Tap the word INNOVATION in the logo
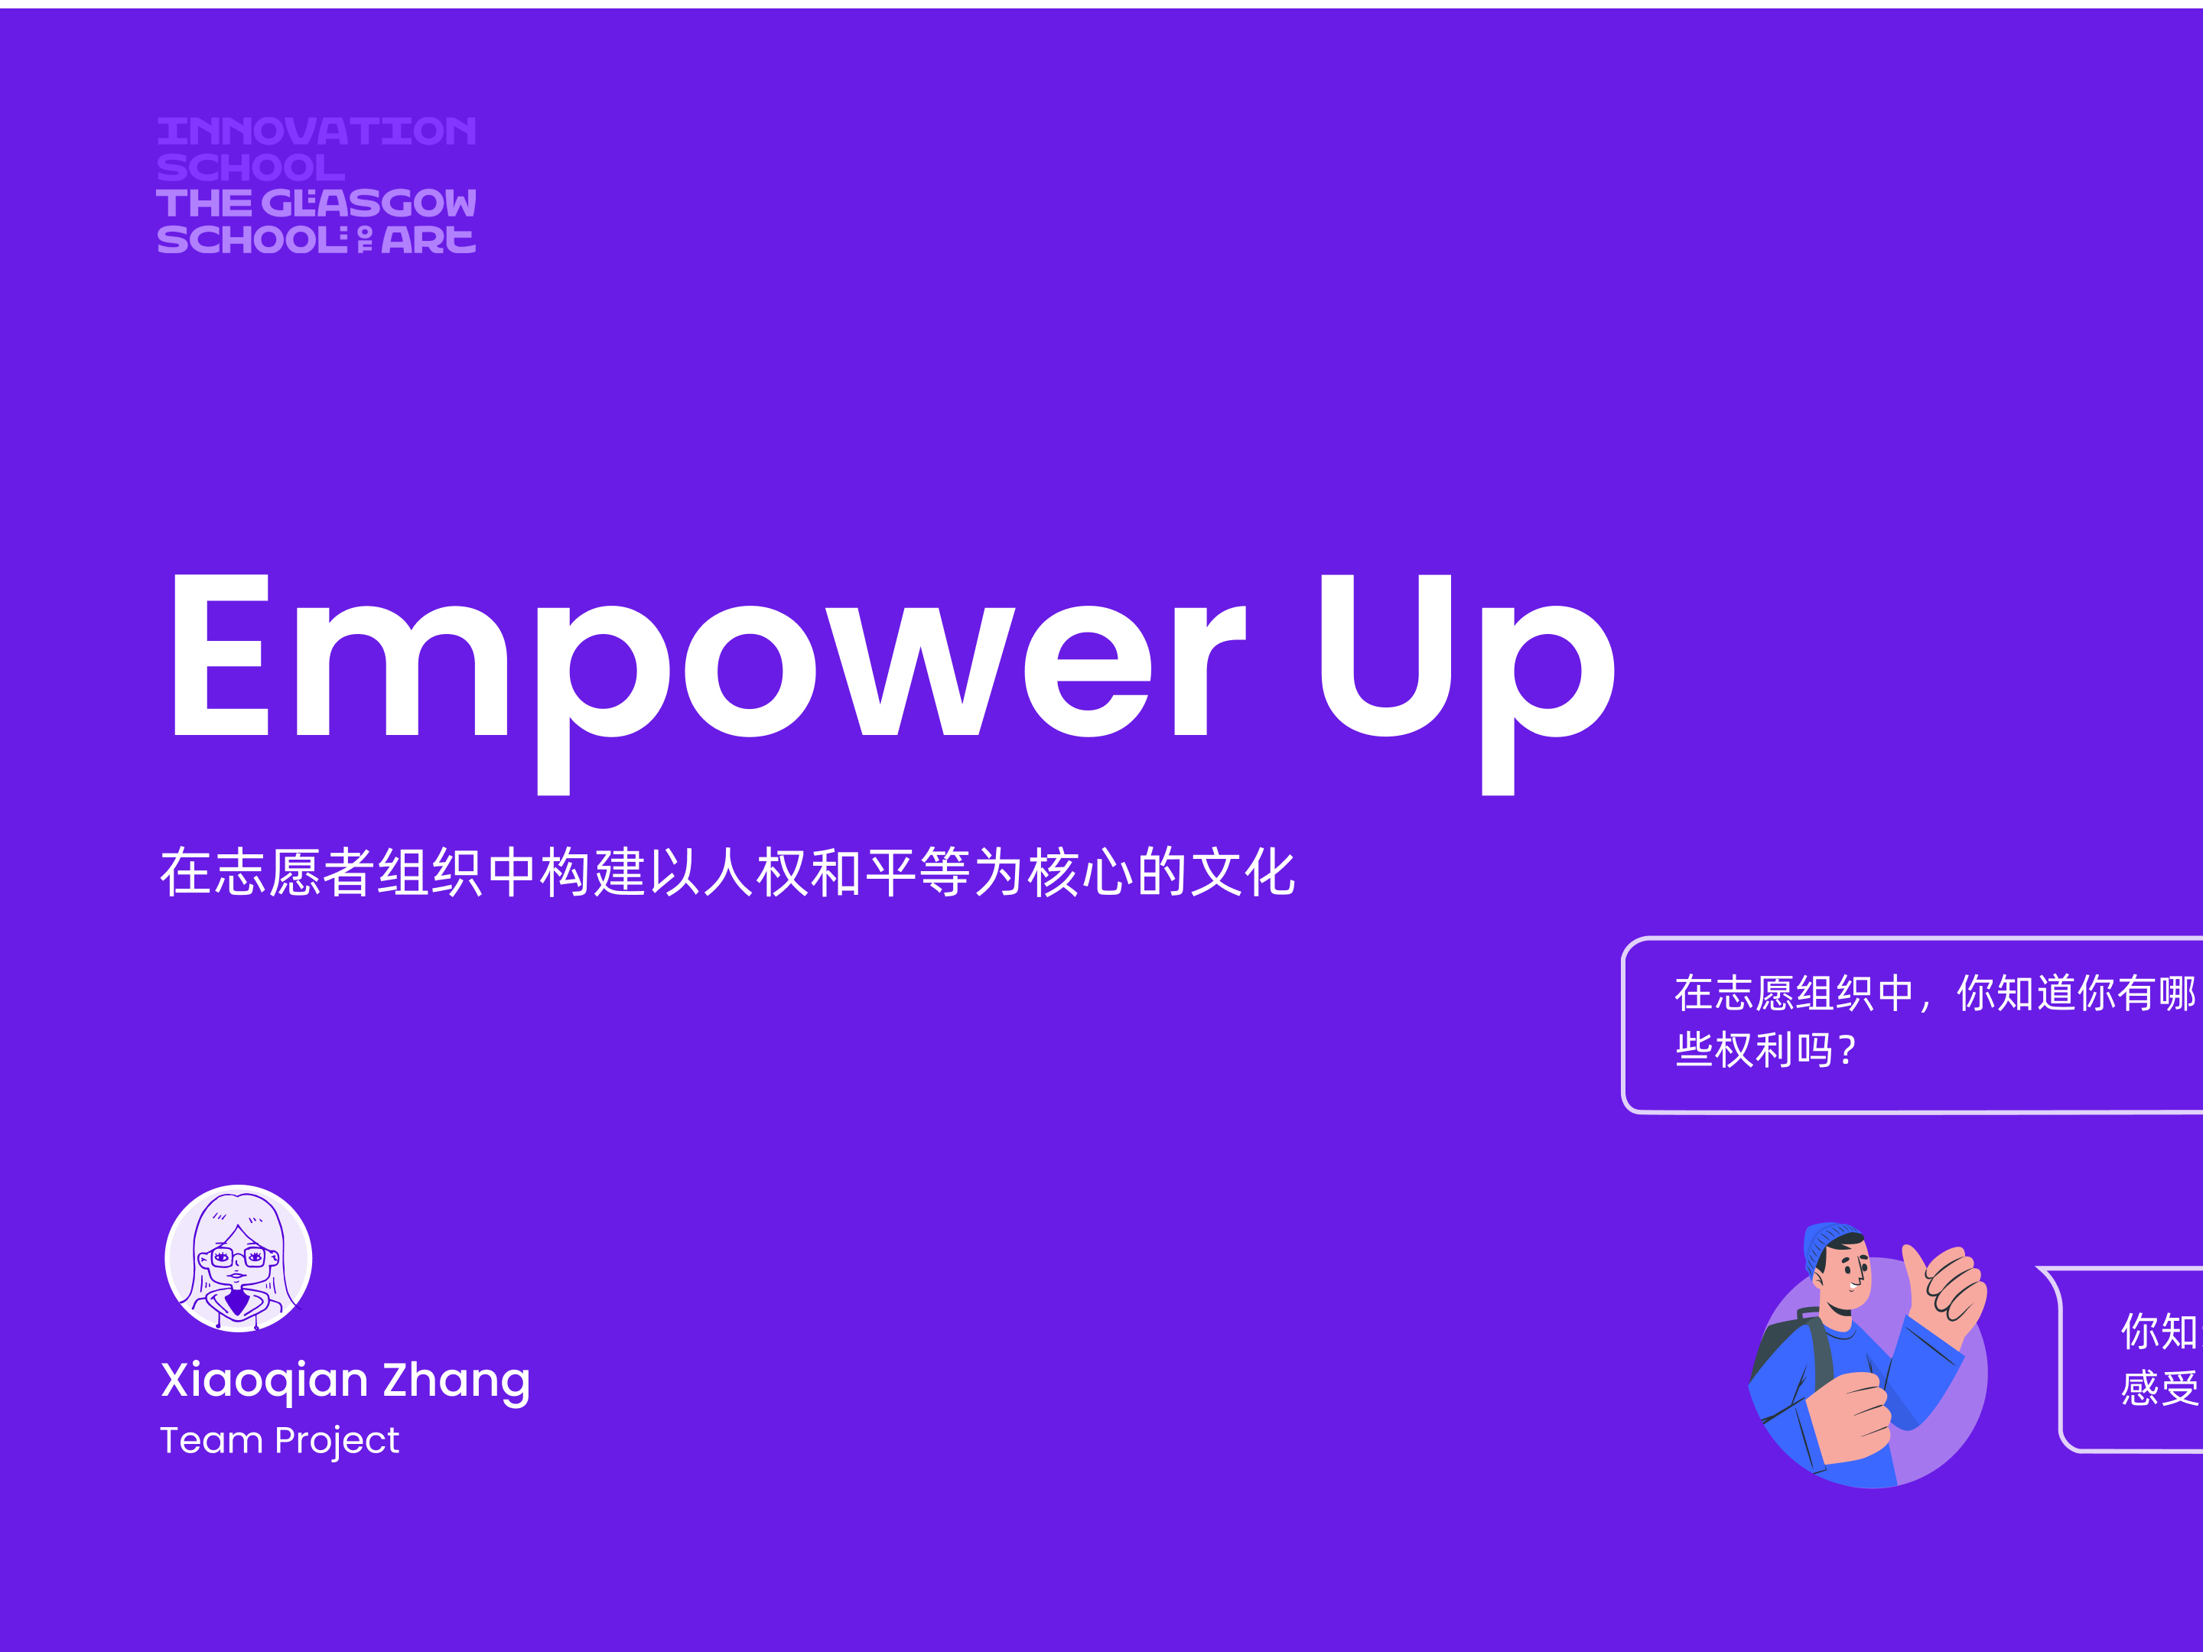317,132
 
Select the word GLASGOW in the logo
369,203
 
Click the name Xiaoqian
264,1380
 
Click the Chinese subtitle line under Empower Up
727,873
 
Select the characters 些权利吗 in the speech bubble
1753,1049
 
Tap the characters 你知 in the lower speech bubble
2158,1332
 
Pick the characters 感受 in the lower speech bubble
2158,1387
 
